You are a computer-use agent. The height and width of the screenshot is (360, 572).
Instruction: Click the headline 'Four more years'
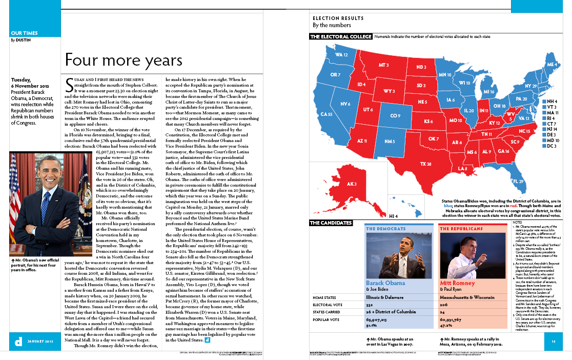pos(124,61)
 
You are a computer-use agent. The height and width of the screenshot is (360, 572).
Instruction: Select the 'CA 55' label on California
pos(326,114)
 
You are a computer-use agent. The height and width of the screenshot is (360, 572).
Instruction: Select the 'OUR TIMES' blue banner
pos(24,33)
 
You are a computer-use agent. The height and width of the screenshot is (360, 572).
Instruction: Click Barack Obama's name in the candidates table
pos(385,283)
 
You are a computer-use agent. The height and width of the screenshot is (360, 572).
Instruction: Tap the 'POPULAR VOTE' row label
pos(326,319)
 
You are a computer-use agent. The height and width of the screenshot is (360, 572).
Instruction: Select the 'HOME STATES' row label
pos(325,297)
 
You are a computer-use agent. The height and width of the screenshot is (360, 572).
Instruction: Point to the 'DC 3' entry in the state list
pos(552,146)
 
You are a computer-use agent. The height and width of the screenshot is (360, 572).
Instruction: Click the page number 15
pos(554,342)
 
